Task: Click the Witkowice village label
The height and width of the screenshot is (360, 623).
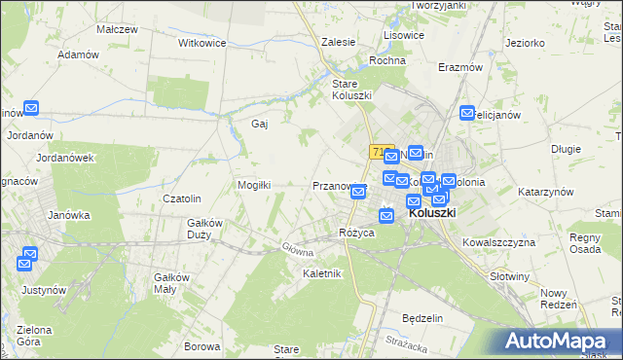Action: [x=202, y=44]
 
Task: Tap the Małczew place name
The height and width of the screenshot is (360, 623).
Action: [x=117, y=29]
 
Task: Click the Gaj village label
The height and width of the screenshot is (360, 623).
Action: [x=260, y=124]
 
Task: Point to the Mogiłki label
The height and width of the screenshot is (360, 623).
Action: [x=254, y=184]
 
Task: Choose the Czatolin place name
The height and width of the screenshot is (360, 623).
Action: [x=182, y=198]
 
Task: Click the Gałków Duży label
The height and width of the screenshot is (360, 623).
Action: [x=206, y=228]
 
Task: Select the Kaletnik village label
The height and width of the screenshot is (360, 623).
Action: [x=322, y=273]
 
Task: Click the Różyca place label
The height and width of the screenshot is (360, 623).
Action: [x=356, y=233]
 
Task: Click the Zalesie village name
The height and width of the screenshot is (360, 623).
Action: [x=338, y=43]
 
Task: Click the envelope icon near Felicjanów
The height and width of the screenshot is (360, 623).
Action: [x=468, y=113]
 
